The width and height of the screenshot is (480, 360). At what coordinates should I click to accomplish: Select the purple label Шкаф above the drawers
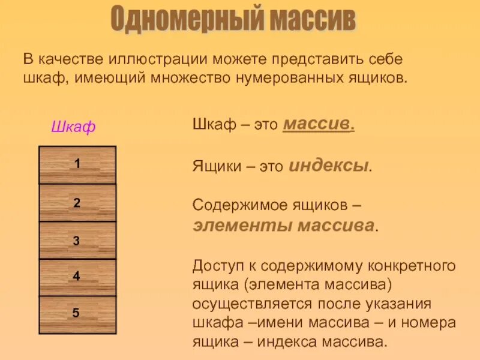[x=73, y=127]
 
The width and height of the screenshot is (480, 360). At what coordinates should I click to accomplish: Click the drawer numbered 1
[x=77, y=164]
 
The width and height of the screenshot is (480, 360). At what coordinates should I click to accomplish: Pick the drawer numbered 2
[x=77, y=203]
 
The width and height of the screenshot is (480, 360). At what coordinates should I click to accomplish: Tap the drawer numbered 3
[x=77, y=241]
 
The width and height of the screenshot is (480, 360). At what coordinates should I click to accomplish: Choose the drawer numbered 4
[x=77, y=277]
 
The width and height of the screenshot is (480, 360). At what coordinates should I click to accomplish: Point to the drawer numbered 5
[x=77, y=313]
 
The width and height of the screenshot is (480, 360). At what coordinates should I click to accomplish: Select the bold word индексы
[x=329, y=166]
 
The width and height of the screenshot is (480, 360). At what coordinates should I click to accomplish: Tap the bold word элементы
[x=235, y=226]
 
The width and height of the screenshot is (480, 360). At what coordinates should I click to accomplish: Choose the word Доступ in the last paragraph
[x=216, y=266]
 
